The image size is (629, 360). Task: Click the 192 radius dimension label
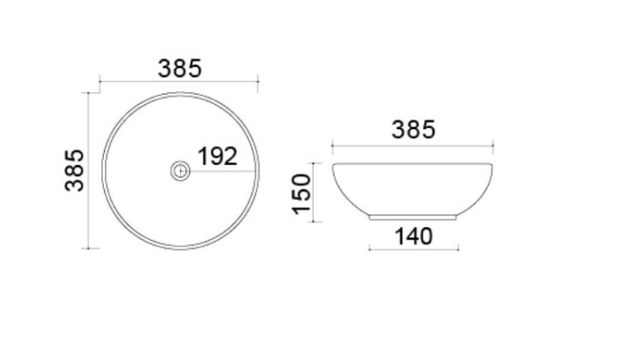pos(217,157)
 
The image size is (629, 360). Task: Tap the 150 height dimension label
pos(302,194)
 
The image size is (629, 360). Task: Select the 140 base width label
pos(414,237)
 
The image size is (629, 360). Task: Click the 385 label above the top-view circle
pos(179,69)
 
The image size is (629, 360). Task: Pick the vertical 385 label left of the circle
pos(74,170)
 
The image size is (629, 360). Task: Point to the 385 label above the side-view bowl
pos(413,130)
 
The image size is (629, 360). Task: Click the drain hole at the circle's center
pos(180,171)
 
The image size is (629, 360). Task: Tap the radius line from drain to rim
pos(223,172)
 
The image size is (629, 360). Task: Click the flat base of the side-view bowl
pos(413,218)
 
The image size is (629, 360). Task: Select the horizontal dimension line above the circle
pos(179,82)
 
